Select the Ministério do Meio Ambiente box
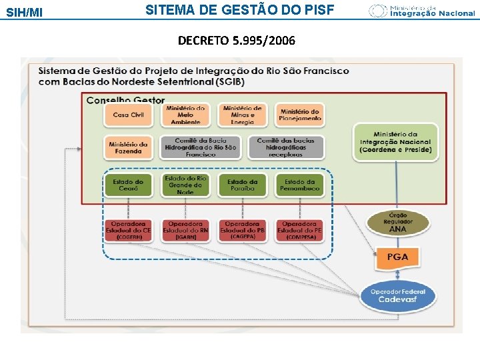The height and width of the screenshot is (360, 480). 185,115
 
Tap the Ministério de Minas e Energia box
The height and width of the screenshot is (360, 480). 243,115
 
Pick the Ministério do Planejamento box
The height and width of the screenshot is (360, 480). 300,115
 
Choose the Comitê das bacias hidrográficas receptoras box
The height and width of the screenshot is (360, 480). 286,147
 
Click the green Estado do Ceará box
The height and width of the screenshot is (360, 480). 128,185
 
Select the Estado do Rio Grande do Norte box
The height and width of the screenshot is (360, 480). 185,185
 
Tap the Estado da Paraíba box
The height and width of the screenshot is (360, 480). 243,185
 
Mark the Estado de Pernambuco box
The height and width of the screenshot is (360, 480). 300,185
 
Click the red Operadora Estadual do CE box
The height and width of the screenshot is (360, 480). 128,230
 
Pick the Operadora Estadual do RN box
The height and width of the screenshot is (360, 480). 185,230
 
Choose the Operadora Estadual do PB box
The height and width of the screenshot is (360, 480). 243,230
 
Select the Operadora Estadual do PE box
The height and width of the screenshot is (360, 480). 300,230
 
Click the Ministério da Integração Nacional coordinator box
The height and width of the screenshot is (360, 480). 395,141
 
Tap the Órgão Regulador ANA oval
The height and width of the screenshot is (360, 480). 397,223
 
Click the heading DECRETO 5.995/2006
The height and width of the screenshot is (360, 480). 236,41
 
